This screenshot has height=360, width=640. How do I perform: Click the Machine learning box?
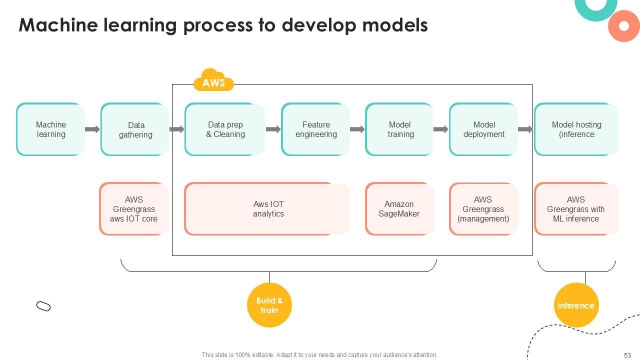50,129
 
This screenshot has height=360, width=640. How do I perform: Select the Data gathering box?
135,129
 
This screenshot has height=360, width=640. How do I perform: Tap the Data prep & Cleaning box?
225,129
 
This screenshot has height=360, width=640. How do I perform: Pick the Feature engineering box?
315,129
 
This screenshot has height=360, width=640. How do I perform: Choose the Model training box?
399,129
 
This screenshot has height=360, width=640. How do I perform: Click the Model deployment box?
483,129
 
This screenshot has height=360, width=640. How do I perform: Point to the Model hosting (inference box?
576,129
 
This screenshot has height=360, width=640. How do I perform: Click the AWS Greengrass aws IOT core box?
134,209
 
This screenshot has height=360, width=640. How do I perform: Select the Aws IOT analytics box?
267,209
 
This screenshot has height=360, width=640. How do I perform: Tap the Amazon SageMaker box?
399,209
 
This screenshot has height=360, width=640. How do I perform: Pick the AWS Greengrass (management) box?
483,209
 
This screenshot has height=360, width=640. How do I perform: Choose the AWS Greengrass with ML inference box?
576,209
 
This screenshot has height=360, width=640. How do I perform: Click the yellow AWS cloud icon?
213,81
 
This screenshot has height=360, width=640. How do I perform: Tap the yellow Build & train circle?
269,305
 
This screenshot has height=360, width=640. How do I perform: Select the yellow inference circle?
576,305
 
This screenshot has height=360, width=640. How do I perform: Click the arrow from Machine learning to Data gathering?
92,129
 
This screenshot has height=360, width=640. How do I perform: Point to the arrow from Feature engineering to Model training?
357,129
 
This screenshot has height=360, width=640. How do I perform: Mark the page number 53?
627,355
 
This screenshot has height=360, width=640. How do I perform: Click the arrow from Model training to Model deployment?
440,129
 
